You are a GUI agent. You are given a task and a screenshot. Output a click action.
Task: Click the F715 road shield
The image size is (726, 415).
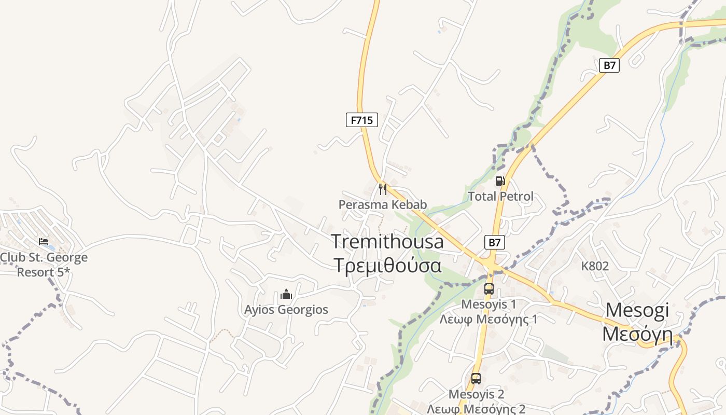click(362, 120)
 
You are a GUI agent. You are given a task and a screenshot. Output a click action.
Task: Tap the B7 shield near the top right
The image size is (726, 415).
click(610, 65)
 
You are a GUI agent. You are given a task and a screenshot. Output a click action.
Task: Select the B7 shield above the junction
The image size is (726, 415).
click(495, 242)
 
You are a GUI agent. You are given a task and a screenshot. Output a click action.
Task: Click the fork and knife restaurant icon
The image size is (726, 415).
click(383, 189)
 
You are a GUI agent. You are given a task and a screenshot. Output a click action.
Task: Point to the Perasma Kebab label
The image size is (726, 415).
click(383, 204)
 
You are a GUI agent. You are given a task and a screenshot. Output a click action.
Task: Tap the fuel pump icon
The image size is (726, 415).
click(500, 181)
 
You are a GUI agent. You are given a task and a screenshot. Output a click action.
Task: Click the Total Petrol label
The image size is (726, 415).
click(500, 197)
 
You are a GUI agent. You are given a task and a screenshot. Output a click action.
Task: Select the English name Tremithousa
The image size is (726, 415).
click(387, 242)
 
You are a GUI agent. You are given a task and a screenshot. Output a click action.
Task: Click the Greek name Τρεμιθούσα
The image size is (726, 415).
click(387, 265)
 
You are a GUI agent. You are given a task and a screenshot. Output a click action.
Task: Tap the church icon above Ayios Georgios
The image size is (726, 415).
click(286, 295)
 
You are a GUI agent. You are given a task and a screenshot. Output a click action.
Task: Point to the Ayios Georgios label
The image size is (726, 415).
click(286, 310)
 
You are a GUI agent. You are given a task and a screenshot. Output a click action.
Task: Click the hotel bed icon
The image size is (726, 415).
click(44, 242)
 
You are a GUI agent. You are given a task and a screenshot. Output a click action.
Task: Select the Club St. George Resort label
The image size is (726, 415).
click(44, 265)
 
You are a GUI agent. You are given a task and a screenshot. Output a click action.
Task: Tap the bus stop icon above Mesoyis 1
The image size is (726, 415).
click(488, 289)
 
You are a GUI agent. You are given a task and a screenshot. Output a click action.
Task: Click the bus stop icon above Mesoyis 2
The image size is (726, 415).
click(476, 379)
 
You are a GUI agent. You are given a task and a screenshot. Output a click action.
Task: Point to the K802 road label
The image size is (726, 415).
click(595, 266)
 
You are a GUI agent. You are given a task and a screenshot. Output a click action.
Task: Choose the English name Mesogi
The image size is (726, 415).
click(637, 310)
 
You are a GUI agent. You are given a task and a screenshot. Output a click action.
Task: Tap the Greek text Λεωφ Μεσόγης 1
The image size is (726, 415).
click(488, 319)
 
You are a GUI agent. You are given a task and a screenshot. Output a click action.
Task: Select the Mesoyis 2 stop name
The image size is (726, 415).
click(476, 394)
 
